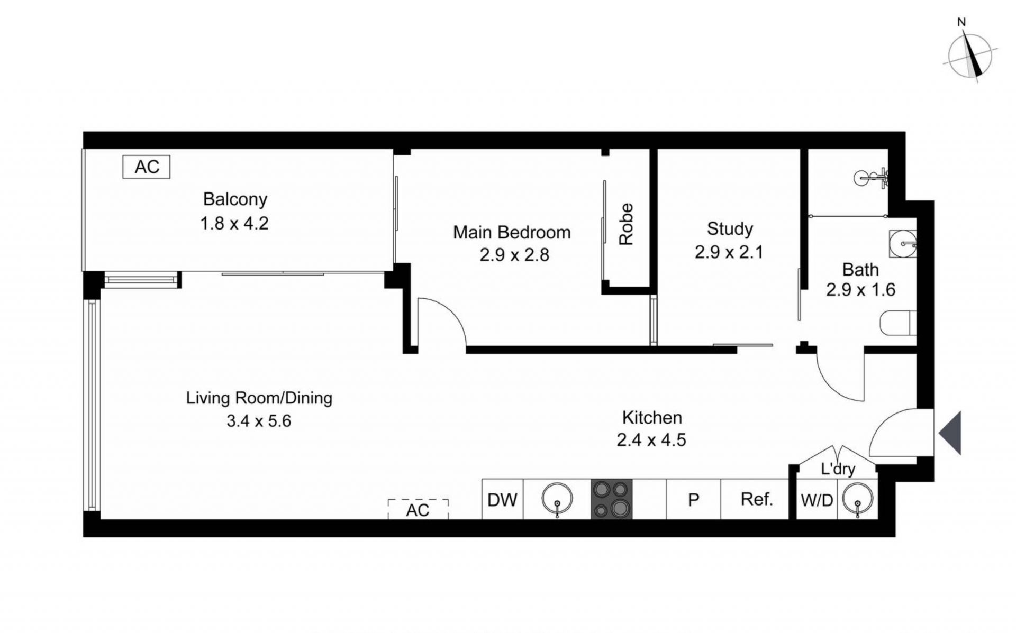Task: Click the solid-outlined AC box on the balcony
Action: pos(146,167)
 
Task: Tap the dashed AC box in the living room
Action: pos(418,509)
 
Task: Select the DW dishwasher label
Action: pos(502,499)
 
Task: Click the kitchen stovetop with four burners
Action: pos(612,499)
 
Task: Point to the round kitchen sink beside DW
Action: pos(557,498)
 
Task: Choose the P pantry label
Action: pos(693,500)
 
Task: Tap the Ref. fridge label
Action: pos(757,499)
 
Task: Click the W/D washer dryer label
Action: pos(817,500)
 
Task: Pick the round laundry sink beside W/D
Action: pos(857,499)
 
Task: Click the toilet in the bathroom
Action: pos(899,323)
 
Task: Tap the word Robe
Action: pos(626,224)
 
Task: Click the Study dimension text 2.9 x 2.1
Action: pos(729,252)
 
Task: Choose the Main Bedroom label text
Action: pos(512,232)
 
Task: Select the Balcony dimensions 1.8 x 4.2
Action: pos(234,223)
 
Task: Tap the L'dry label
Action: pos(838,469)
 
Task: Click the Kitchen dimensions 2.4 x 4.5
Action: pos(651,440)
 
